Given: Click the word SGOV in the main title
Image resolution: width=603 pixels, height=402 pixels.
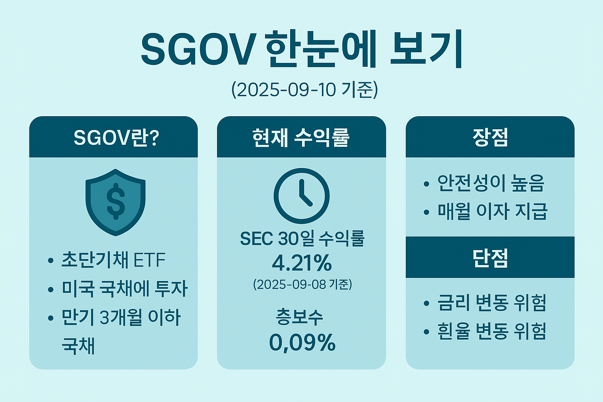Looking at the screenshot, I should pyautogui.click(x=196, y=49).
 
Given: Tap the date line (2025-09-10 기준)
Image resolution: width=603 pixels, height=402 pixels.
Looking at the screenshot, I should pyautogui.click(x=304, y=90).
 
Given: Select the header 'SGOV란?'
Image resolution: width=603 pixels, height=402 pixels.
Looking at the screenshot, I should pyautogui.click(x=116, y=138).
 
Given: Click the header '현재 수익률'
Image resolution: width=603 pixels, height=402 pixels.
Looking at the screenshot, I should pyautogui.click(x=301, y=138).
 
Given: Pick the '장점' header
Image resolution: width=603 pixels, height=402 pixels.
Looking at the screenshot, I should pyautogui.click(x=490, y=138).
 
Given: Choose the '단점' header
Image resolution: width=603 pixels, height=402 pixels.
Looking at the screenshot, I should pyautogui.click(x=490, y=258).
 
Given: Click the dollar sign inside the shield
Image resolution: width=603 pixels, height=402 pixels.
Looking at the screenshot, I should pyautogui.click(x=115, y=201).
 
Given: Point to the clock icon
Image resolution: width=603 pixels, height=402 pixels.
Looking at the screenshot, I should pyautogui.click(x=301, y=196).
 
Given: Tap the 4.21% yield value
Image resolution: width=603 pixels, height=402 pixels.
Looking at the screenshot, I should pyautogui.click(x=301, y=263).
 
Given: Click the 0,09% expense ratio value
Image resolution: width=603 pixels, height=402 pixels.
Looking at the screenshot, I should pyautogui.click(x=302, y=342).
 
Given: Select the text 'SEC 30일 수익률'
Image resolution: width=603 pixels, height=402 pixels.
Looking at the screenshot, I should pyautogui.click(x=302, y=238).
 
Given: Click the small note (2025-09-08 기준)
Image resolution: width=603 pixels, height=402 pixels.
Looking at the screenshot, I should pyautogui.click(x=302, y=284).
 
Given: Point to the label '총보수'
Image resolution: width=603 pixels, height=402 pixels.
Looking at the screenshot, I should pyautogui.click(x=300, y=317).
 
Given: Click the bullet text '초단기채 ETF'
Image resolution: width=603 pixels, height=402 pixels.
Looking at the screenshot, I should pyautogui.click(x=113, y=260).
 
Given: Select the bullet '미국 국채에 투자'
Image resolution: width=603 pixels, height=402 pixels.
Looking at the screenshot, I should pyautogui.click(x=124, y=289).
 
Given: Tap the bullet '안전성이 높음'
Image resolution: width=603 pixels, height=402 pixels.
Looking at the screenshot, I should pyautogui.click(x=491, y=183).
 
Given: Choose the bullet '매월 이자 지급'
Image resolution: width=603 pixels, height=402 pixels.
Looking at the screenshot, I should pyautogui.click(x=492, y=211).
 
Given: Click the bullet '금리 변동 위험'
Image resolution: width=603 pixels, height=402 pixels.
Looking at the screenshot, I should pyautogui.click(x=492, y=303).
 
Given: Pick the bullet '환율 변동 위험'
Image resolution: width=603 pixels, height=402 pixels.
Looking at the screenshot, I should pyautogui.click(x=492, y=331).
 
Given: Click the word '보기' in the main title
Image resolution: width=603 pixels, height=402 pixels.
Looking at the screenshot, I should pyautogui.click(x=426, y=49).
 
